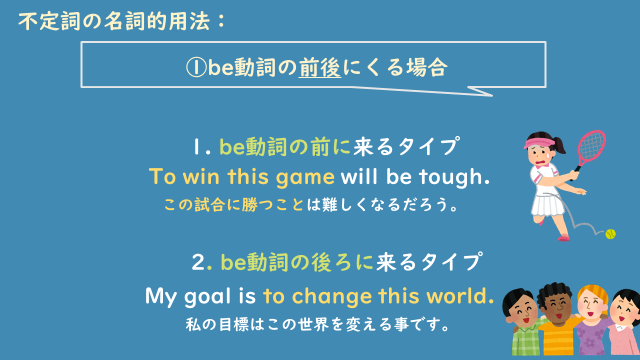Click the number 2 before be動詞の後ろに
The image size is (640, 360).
198,263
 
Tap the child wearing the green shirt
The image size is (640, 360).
524,325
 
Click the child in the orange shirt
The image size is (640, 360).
557,325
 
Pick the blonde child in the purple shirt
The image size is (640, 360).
592,325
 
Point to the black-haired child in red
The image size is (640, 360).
625,325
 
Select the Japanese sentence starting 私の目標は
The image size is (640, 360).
316,325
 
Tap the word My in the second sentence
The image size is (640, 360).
161,297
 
